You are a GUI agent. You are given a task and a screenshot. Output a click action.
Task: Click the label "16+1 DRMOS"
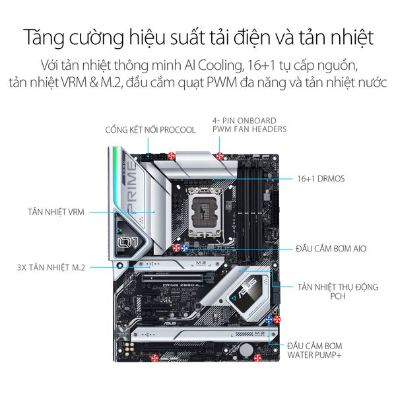321,179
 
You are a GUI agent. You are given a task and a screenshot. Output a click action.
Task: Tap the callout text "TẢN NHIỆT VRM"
56,212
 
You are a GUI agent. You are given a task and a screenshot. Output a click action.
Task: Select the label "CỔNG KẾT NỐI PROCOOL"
150,130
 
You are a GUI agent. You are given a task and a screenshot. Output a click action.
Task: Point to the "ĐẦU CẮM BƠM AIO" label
331,249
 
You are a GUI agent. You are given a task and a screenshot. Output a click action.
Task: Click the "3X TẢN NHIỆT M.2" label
51,267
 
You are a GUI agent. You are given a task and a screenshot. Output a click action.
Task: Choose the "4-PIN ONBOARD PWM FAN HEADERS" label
249,125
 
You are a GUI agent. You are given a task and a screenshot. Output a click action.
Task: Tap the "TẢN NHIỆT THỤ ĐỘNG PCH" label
338,291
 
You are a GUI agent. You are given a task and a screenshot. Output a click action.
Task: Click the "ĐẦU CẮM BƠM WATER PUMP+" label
314,350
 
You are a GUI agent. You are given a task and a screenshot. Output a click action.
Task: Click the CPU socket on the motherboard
205,213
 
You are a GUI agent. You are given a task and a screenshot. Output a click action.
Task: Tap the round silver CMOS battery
246,350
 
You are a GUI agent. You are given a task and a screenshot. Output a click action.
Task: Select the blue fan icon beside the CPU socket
184,248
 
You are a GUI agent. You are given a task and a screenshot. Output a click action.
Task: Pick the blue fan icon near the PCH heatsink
269,319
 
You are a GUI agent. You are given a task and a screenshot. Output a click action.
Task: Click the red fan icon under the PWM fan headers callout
220,156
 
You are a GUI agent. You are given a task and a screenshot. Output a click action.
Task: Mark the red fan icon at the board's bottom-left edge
154,358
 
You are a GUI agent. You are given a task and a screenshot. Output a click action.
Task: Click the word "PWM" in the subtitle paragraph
222,82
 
